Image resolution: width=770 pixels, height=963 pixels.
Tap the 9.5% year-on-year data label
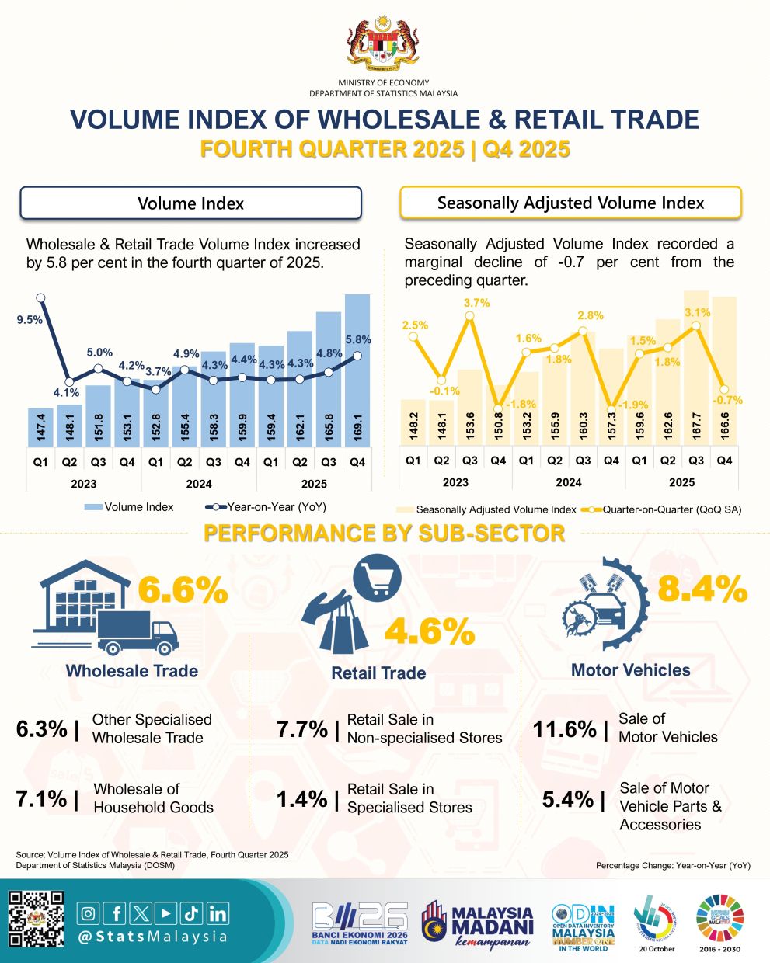coord(30,319)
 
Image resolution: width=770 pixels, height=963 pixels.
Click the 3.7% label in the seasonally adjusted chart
coord(476,303)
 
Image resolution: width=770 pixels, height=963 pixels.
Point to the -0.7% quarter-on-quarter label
coord(729,401)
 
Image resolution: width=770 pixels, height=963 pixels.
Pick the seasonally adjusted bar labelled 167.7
coord(696,381)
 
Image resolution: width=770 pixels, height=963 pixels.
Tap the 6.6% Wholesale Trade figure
coord(183,591)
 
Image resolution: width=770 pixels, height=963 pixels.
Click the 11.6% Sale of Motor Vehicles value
coord(565,729)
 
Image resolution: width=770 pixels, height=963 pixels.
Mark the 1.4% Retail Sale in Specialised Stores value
coord(302,798)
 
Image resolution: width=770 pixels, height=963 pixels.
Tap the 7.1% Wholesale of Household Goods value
coord(41,798)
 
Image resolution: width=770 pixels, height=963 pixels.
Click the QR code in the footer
coord(36,920)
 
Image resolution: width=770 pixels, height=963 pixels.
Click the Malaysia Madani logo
coord(479,924)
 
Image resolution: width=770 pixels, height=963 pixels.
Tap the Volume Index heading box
coord(190,203)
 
